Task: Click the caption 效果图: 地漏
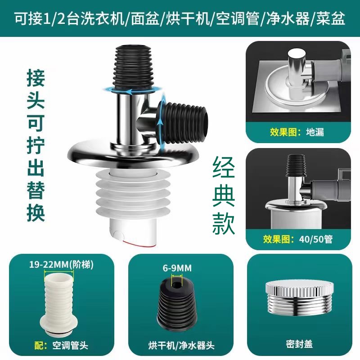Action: [x=297, y=132]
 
